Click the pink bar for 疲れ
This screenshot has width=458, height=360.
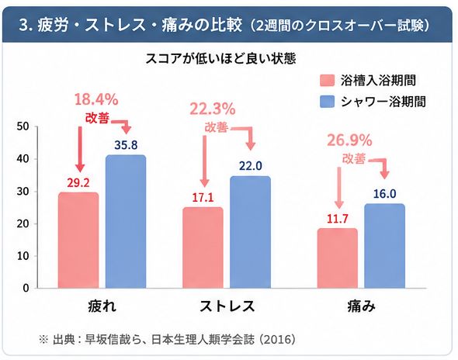78,240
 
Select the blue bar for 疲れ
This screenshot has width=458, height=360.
126,221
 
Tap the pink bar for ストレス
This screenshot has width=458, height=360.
203,247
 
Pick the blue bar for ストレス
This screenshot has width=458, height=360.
250,232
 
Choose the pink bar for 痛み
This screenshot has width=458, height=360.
338,258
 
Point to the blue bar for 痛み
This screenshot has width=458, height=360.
385,246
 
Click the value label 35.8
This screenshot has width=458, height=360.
126,145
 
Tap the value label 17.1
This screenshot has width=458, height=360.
203,198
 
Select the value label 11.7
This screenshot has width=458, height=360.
338,219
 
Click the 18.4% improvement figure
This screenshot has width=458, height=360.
96,99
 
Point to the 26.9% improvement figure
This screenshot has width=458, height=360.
349,140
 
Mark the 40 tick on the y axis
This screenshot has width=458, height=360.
23,159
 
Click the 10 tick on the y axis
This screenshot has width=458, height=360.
23,256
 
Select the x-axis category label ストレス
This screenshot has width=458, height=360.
227,306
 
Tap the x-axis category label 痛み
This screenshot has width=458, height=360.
361,306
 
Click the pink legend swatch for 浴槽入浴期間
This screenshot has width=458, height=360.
327,80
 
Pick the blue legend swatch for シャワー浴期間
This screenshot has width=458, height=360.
327,102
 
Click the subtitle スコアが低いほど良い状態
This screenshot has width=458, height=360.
220,58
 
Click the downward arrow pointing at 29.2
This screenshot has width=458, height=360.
80,149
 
